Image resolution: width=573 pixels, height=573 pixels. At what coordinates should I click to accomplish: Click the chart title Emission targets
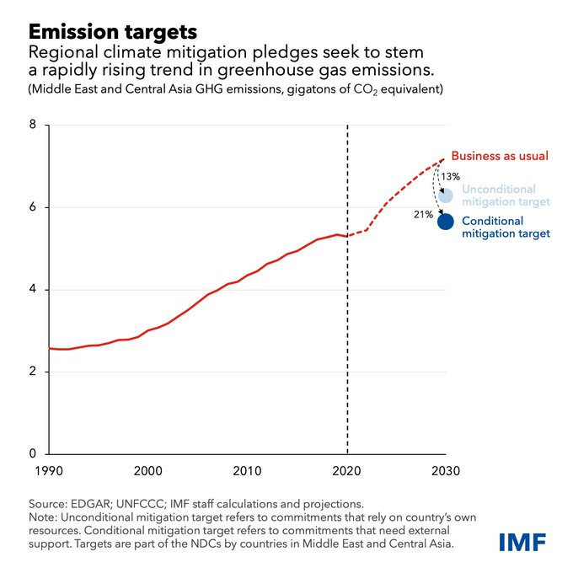coord(113,32)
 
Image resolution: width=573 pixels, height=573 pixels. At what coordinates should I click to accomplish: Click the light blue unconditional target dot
coord(446,195)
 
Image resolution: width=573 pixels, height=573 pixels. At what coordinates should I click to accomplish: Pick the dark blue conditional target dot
coord(446,222)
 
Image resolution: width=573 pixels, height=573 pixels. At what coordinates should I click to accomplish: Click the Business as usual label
coord(500,156)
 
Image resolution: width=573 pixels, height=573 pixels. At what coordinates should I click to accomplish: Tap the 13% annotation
coord(450,176)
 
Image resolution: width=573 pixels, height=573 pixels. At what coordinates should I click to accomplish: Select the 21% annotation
coord(422,215)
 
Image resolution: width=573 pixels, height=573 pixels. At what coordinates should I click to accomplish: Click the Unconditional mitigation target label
coord(506,195)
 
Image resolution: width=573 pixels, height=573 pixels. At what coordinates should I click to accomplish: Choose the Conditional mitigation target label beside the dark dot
coord(506,227)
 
